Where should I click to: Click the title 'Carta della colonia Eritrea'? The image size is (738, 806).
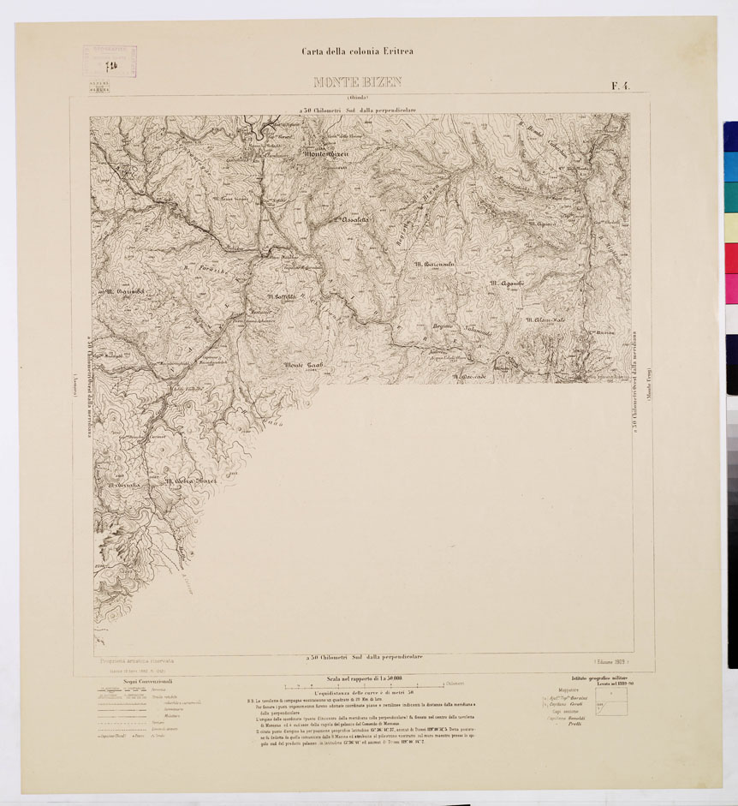[357, 51]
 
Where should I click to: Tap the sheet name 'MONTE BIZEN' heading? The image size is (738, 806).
[358, 83]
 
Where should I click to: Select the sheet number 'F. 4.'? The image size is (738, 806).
[622, 84]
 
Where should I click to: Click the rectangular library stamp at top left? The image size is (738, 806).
[110, 61]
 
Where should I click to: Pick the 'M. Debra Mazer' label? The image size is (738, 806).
[192, 481]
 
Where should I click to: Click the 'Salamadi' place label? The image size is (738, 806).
[478, 331]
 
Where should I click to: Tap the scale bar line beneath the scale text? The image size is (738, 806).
[364, 685]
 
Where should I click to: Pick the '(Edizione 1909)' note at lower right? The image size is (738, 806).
[610, 661]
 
